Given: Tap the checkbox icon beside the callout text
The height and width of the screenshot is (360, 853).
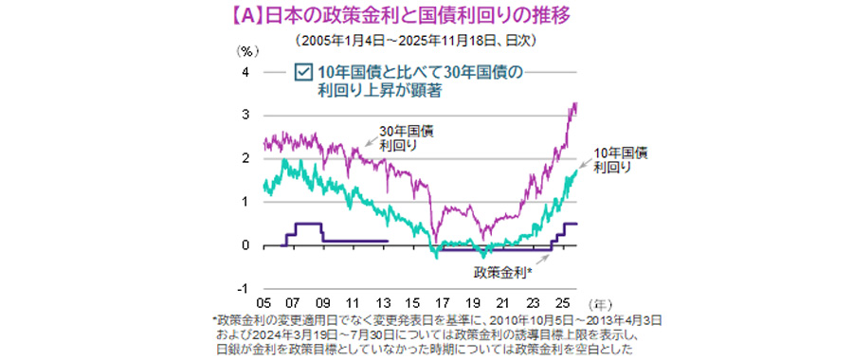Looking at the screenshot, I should [303, 72].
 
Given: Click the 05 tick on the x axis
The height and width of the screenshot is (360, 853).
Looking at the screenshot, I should [263, 303].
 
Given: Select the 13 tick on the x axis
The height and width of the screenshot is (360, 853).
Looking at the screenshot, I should [381, 303].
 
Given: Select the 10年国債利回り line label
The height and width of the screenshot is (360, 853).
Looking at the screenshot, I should [620, 159].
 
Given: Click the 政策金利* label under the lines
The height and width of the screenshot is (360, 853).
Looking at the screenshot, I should [503, 272].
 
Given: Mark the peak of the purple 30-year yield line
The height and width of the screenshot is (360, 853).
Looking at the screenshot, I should [576, 103].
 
